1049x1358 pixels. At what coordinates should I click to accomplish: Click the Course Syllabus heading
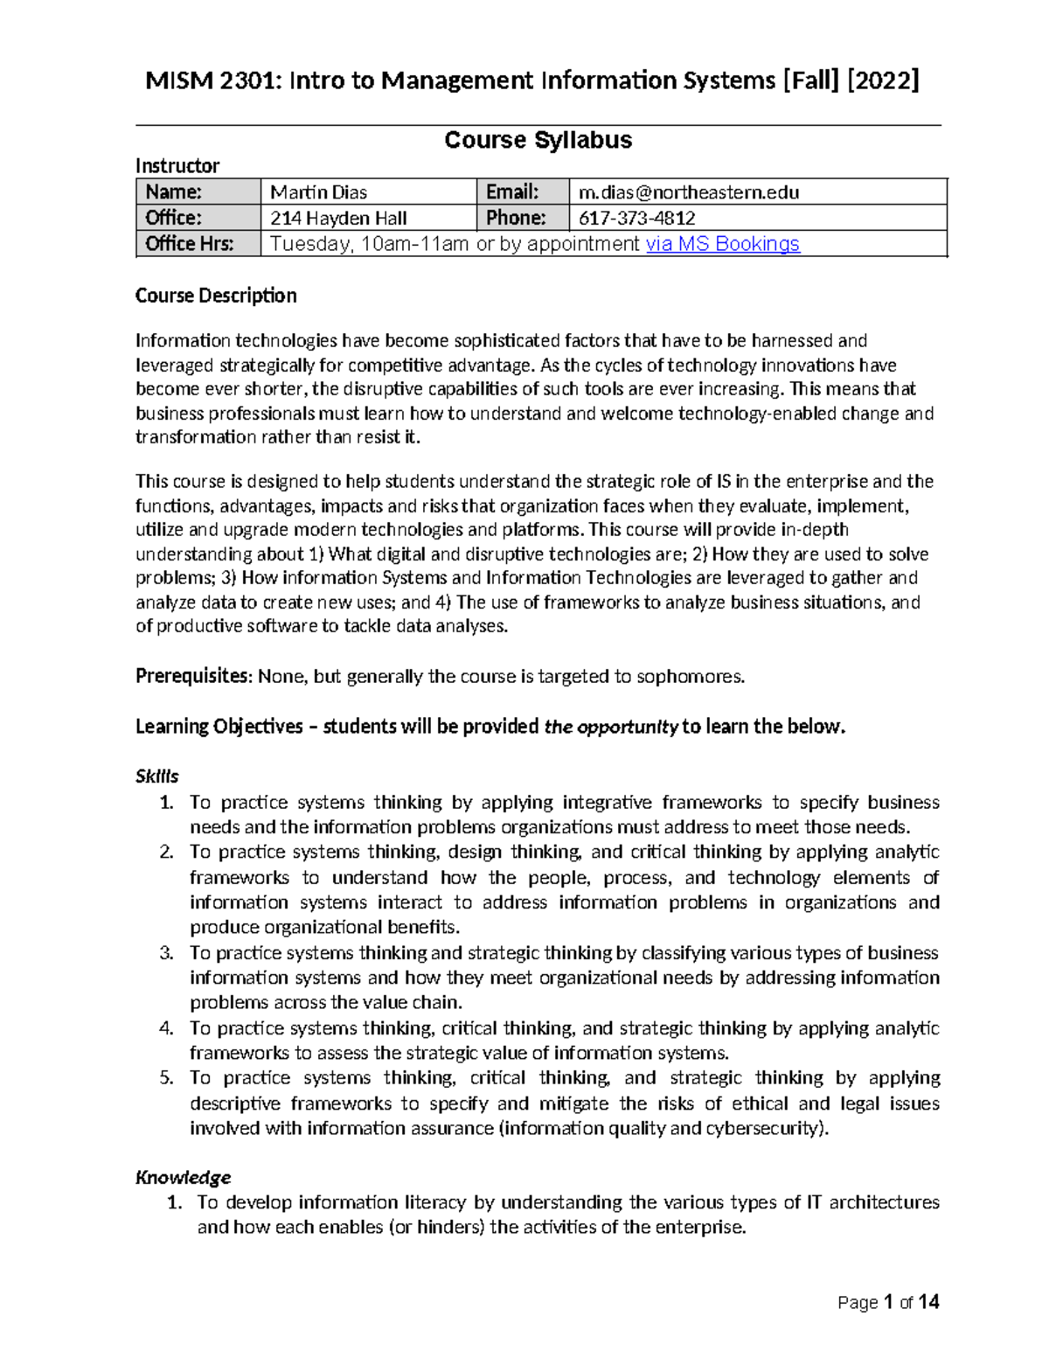pos(538,140)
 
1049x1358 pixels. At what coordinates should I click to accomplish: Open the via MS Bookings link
pos(722,244)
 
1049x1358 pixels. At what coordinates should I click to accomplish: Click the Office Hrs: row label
pos(190,244)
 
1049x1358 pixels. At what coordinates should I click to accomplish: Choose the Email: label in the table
pos(512,192)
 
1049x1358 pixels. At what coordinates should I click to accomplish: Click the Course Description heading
pos(216,296)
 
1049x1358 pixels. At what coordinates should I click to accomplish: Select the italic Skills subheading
pos(157,776)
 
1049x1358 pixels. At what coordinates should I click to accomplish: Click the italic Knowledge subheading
pos(183,1177)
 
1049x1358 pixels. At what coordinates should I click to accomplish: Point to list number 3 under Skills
pos(167,953)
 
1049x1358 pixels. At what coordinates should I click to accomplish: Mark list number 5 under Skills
pos(167,1078)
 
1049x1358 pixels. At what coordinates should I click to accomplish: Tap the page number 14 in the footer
pos(928,1302)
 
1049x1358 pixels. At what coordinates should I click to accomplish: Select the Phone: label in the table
pos(516,218)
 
